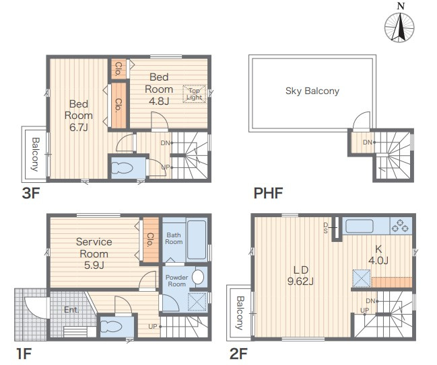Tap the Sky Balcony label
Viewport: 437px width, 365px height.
312,91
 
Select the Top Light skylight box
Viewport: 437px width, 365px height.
194,94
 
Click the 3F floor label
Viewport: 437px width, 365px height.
31,193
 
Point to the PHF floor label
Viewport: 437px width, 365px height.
268,193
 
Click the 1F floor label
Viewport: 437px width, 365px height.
24,354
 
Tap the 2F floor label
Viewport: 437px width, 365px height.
238,354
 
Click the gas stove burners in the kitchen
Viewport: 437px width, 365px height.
400,225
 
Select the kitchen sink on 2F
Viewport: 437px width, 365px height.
360,226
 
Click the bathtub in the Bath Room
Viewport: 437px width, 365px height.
197,240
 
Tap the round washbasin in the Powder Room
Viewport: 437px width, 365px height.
198,277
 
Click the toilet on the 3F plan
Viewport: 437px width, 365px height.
122,168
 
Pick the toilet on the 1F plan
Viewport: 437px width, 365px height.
111,327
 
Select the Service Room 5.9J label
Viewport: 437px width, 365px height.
94,253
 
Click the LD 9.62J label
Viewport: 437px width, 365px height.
300,276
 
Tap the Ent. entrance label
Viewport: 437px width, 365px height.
71,310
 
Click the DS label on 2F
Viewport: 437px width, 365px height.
325,228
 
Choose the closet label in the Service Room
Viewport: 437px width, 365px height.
150,240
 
